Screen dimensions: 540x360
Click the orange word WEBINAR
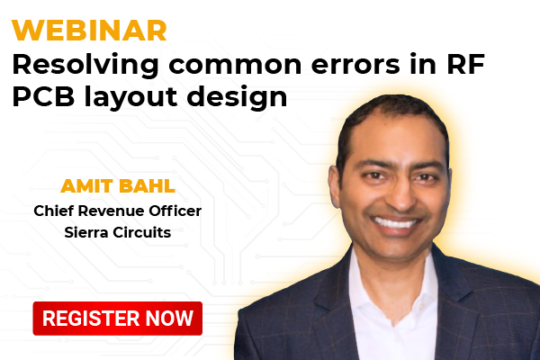click(89, 31)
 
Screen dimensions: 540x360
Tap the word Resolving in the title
click(85, 66)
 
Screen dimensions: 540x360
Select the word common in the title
click(235, 65)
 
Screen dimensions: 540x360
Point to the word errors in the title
click(355, 65)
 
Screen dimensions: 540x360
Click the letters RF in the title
click(466, 64)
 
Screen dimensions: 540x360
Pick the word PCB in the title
click(43, 96)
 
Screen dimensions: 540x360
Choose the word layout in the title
click(130, 97)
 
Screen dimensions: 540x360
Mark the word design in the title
click(237, 97)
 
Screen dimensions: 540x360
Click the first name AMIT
click(86, 186)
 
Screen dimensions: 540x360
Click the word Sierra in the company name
click(86, 232)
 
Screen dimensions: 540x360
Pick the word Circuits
click(142, 232)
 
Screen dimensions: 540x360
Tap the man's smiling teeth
click(396, 223)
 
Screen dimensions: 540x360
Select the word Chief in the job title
click(54, 211)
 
